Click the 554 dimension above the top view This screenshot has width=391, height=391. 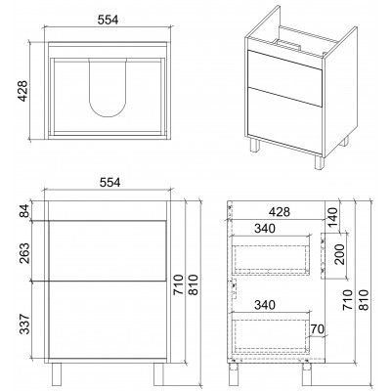(108, 20)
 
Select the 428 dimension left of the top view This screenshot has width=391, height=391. (22, 91)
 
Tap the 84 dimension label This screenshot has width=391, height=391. (25, 210)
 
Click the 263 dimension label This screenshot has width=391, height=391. (25, 253)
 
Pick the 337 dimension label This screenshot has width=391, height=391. (25, 324)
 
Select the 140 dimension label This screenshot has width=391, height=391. (332, 218)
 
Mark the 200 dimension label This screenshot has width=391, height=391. (339, 254)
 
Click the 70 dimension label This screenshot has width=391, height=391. (318, 329)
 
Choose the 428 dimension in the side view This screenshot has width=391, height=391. (280, 212)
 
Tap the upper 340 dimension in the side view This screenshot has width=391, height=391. (265, 229)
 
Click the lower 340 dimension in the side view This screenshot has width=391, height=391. (265, 305)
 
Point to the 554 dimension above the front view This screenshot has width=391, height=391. (109, 183)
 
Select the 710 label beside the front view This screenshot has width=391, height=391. (179, 284)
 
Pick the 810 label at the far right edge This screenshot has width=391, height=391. (365, 299)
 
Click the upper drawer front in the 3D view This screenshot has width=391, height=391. (284, 77)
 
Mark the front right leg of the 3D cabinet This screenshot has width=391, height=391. (320, 161)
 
